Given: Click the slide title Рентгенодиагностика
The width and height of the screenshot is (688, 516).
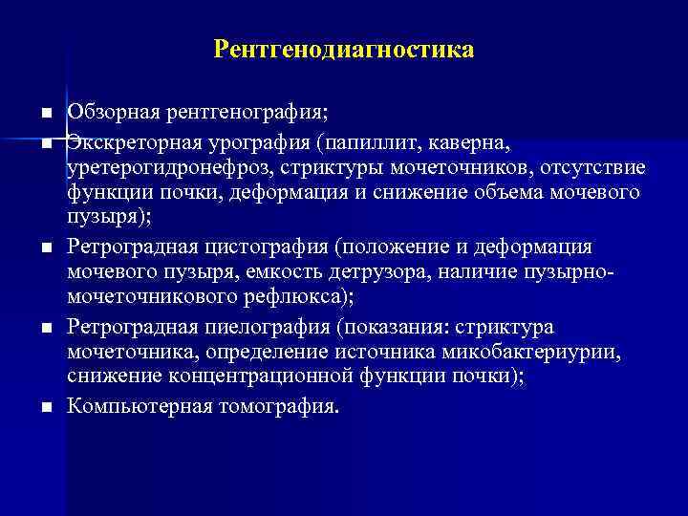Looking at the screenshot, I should tap(344, 48).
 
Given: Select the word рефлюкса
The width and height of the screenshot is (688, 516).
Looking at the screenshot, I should tap(291, 299).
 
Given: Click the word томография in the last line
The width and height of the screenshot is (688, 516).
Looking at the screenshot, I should tap(284, 406).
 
